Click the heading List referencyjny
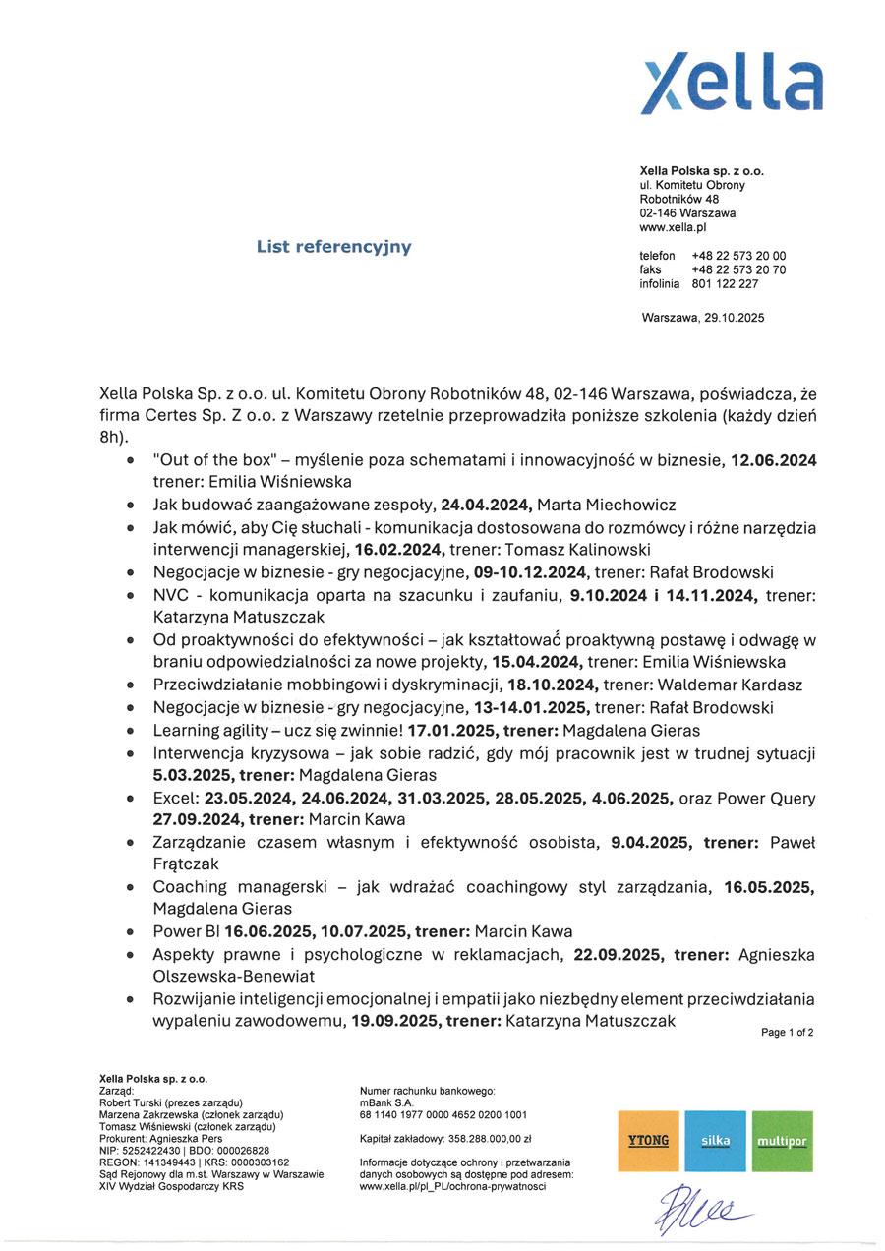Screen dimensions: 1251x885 point(333,247)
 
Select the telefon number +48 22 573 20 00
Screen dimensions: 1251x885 point(738,256)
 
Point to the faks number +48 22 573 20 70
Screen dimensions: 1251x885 point(738,269)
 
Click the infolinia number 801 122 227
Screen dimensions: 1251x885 point(725,284)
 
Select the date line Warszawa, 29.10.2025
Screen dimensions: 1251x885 point(702,319)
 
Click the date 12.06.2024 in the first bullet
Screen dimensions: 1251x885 point(773,461)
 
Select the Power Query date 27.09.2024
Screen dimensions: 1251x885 point(198,820)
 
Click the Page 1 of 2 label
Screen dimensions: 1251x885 point(787,1033)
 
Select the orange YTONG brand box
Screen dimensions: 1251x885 point(648,1141)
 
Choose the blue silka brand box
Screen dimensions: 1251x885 point(715,1141)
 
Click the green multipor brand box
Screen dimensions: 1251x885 point(782,1141)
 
